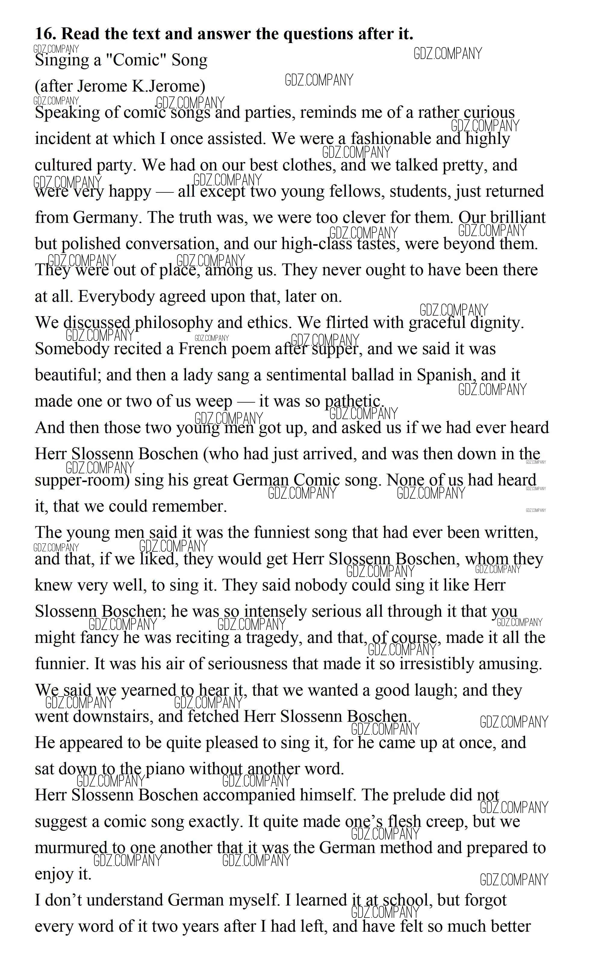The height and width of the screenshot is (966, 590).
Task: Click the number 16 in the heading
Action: pos(45,34)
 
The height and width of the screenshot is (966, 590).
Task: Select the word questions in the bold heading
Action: pos(318,34)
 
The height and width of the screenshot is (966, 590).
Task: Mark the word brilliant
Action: pos(512,218)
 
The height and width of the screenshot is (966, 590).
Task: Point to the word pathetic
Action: pos(353,401)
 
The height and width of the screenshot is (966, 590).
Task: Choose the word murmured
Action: pos(68,848)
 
